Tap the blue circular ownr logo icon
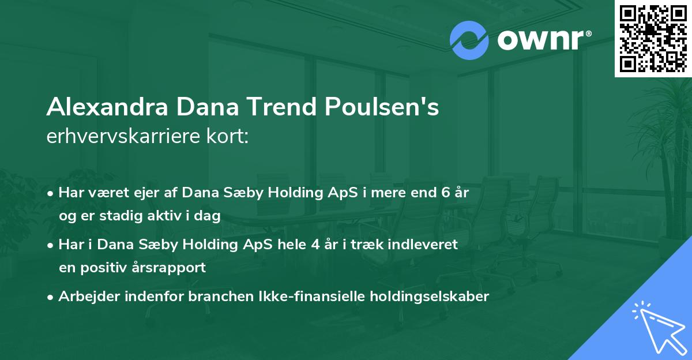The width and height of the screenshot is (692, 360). coord(469,40)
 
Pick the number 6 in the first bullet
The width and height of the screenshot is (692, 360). coord(445,192)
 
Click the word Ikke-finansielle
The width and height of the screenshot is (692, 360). coord(293,297)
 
